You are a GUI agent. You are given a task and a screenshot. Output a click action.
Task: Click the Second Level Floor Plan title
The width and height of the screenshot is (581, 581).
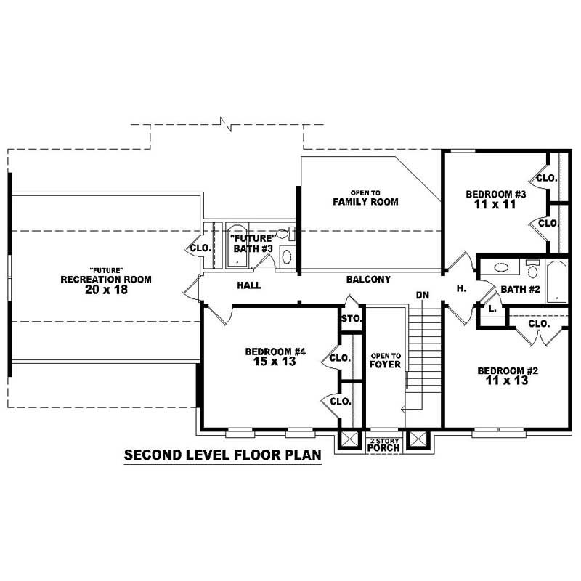point(222,456)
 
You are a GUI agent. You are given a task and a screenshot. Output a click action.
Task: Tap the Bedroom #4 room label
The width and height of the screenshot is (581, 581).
point(275,352)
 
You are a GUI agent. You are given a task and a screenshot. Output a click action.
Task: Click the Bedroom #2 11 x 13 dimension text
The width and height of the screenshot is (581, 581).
point(503,381)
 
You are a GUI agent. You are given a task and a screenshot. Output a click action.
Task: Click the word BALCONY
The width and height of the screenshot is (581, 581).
point(368,280)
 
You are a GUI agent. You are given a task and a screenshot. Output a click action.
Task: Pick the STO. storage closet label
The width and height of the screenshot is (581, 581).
point(351,318)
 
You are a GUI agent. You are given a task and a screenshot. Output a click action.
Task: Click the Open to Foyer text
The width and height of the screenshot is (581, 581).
point(386,360)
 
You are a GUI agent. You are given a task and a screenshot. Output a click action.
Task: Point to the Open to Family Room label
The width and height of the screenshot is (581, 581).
point(365,198)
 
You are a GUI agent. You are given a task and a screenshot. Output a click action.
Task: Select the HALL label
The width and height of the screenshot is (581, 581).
point(249,285)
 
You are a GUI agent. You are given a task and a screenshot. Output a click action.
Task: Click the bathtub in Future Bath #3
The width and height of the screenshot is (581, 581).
point(239,248)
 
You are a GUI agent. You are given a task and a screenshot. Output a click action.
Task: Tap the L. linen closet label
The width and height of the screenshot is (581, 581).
point(492,308)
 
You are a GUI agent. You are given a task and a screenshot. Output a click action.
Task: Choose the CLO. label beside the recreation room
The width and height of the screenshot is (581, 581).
point(200,248)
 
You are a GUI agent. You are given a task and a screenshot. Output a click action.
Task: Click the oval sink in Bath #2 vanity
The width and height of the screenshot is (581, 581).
point(501,267)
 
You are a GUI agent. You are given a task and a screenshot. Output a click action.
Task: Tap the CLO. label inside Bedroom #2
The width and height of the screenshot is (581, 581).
point(538,324)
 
